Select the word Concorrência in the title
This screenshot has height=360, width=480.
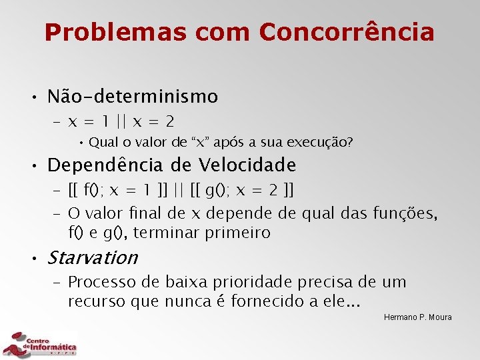click(x=347, y=31)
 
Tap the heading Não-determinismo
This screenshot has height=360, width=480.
click(x=133, y=97)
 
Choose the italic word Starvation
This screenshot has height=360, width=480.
click(x=93, y=257)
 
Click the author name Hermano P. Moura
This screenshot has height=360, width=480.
click(x=418, y=317)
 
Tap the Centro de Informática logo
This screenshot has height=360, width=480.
click(x=40, y=345)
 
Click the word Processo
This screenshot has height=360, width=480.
click(x=101, y=282)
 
